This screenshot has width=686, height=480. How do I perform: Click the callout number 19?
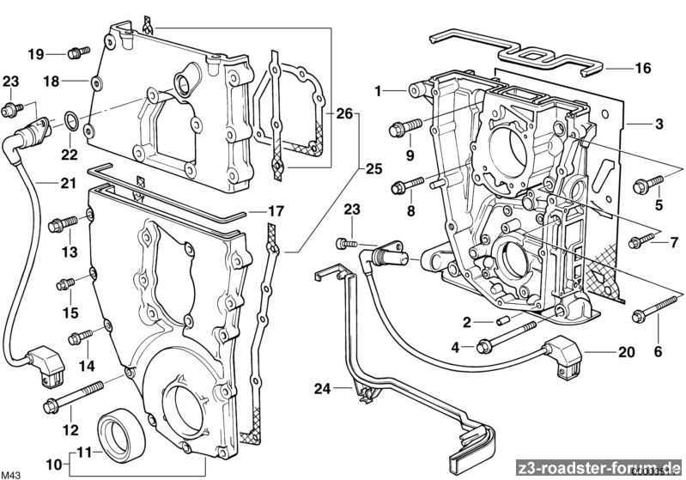pyautogui.click(x=34, y=53)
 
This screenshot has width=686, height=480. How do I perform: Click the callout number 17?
pyautogui.click(x=275, y=210)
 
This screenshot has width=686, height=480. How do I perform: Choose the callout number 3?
pyautogui.click(x=658, y=125)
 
